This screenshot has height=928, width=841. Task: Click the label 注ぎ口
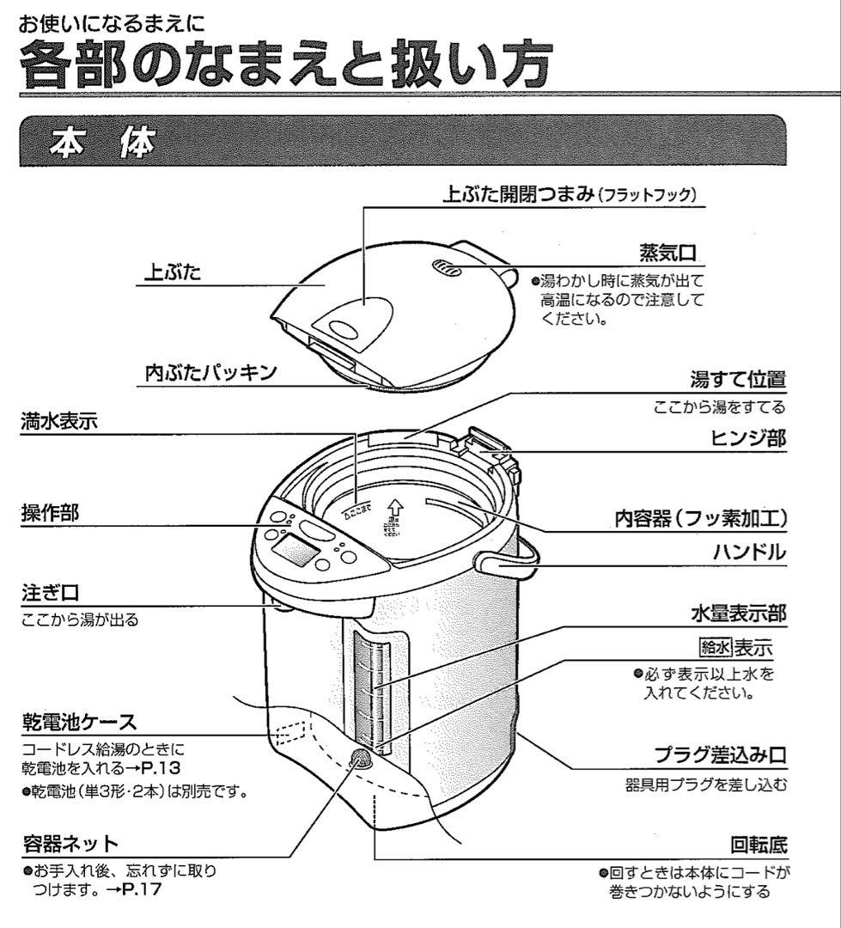point(46,594)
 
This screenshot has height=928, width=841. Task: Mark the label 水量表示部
point(738,614)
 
